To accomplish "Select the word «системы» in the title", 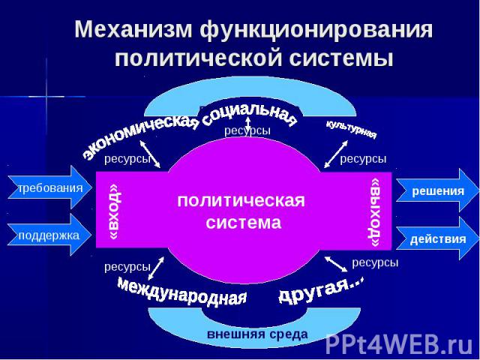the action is click(341, 58).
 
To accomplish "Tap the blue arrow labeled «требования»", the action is click(49, 187).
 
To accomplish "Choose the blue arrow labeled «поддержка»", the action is click(49, 235).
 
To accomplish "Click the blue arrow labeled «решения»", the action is click(438, 191).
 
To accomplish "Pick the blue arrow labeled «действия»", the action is click(438, 238).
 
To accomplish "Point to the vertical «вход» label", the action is click(115, 211).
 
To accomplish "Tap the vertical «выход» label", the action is click(376, 212).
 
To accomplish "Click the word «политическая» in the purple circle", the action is click(241, 201).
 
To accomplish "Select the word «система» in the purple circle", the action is click(243, 222).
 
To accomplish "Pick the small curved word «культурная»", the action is click(352, 129).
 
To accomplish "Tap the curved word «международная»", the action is click(182, 291).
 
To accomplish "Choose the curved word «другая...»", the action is click(322, 289).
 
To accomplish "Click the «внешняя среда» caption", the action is click(257, 334).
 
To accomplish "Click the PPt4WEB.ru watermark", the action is click(399, 343).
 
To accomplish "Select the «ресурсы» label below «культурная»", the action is click(363, 159).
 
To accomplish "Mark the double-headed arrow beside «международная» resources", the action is click(156, 268).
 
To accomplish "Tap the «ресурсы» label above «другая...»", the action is click(375, 262).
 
